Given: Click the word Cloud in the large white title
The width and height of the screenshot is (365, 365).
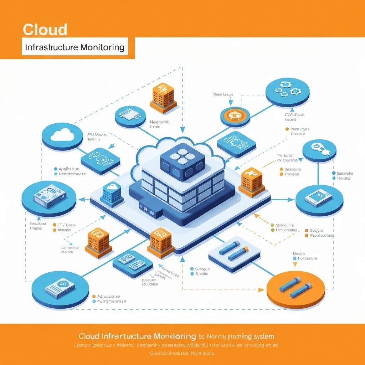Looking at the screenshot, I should pyautogui.click(x=45, y=30).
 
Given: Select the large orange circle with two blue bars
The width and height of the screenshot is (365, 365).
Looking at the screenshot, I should pyautogui.click(x=296, y=289).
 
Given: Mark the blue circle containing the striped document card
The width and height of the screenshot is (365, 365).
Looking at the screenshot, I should pyautogui.click(x=60, y=288).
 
